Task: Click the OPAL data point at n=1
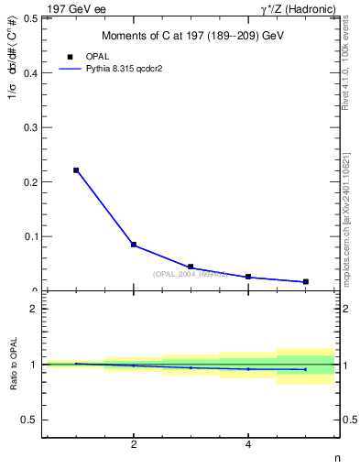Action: pos(76,170)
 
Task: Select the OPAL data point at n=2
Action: pos(134,245)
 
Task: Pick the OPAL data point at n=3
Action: pos(191,267)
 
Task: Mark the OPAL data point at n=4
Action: pos(248,277)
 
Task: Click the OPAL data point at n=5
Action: pos(305,281)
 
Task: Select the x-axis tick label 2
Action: pos(134,446)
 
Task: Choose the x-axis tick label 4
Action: pos(248,446)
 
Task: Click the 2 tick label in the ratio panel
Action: pos(34,309)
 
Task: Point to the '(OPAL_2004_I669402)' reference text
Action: pos(191,274)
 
